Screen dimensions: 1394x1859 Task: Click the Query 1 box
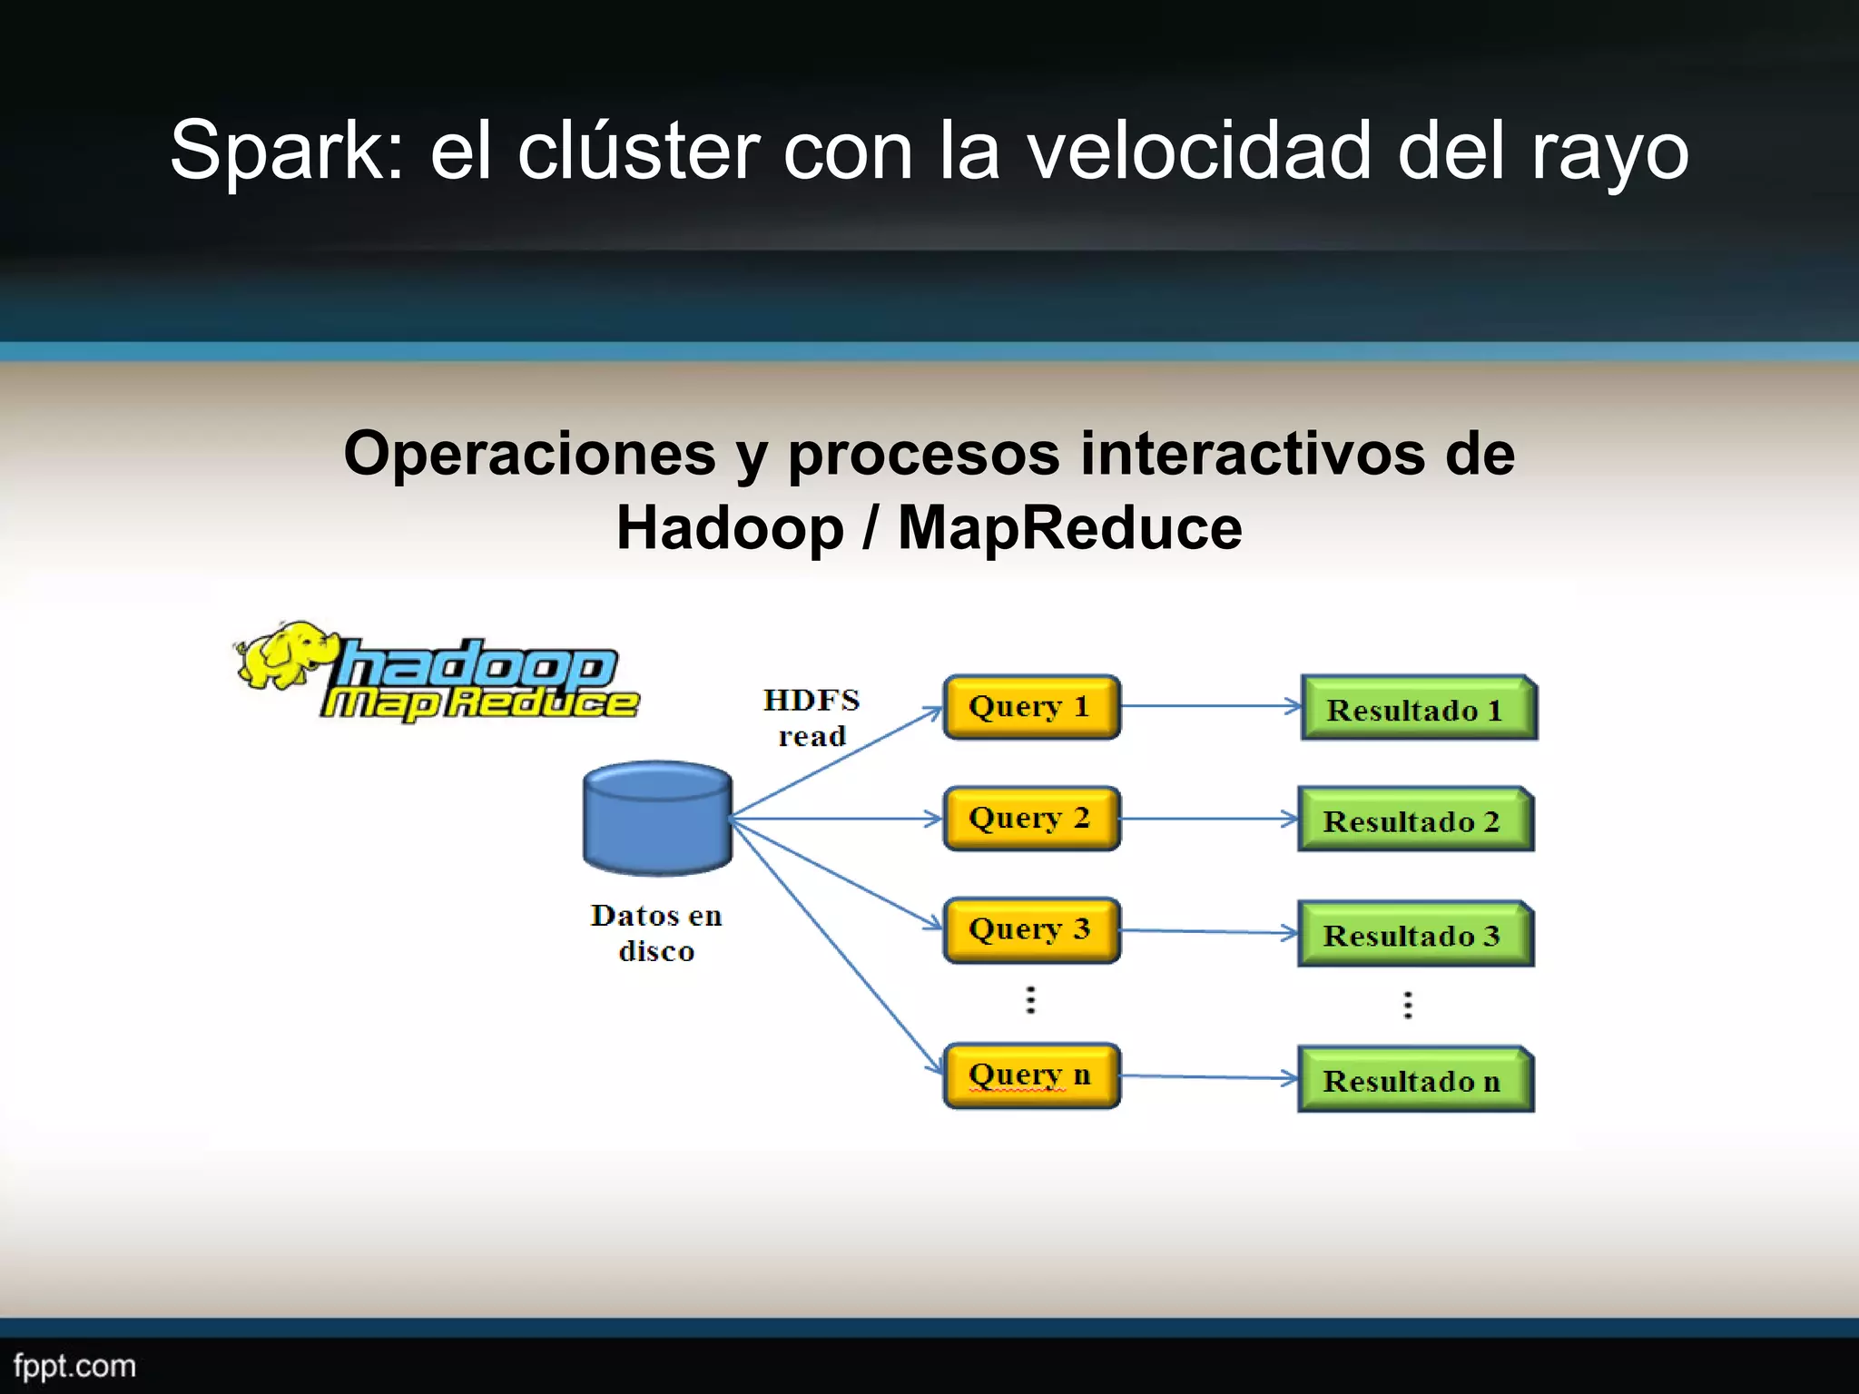coord(1031,707)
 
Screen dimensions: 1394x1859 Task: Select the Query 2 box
coord(1031,819)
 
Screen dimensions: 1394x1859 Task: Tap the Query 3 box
coord(1031,930)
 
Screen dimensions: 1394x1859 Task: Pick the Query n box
coord(1031,1075)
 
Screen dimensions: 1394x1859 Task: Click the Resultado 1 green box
coord(1417,710)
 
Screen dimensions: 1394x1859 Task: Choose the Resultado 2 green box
coord(1414,821)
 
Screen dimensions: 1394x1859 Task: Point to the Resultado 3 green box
coord(1414,935)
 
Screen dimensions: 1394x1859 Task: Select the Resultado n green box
coord(1414,1081)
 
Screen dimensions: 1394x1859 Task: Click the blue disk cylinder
coord(657,819)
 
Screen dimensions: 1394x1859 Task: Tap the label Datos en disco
coord(656,933)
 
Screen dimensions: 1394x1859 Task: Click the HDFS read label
coord(811,718)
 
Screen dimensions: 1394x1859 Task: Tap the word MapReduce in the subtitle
coord(1069,528)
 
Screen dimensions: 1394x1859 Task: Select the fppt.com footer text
coord(74,1366)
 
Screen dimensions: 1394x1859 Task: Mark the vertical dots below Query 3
coord(1030,999)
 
